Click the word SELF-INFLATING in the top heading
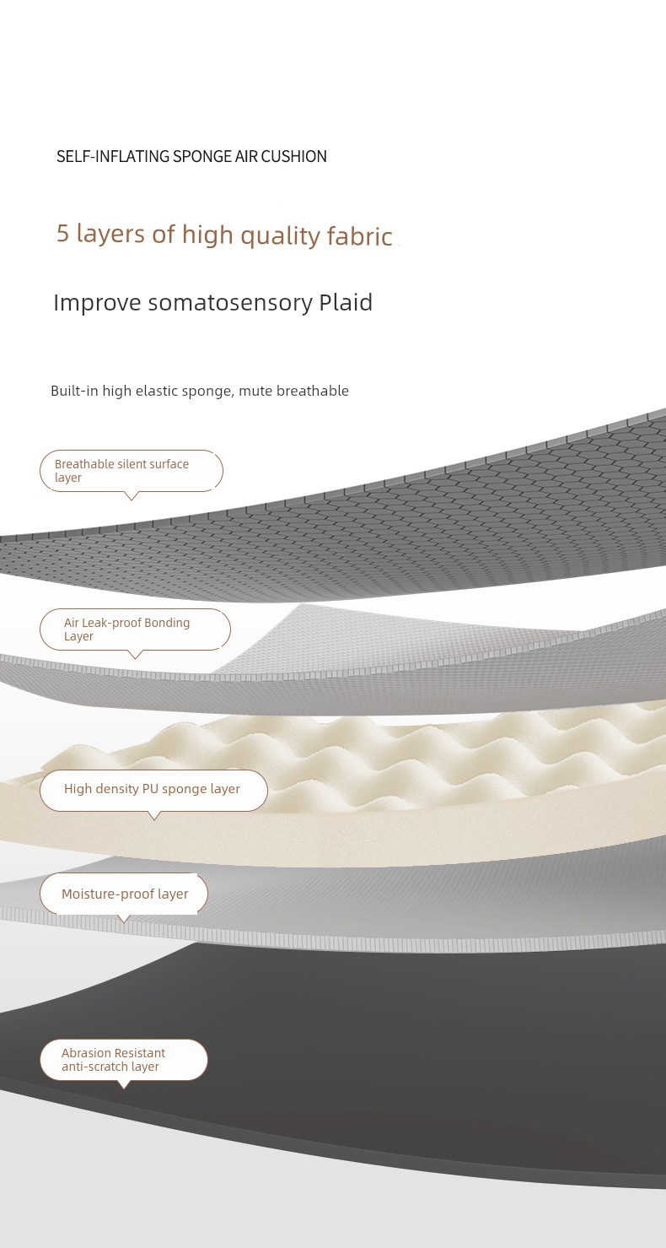pyautogui.click(x=113, y=157)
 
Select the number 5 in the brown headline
pyautogui.click(x=62, y=234)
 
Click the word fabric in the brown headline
pyautogui.click(x=360, y=235)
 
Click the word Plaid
pyautogui.click(x=346, y=302)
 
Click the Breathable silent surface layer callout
pyautogui.click(x=132, y=471)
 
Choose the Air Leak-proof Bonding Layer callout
pyautogui.click(x=135, y=629)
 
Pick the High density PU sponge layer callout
pyautogui.click(x=153, y=790)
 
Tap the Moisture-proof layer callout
pyautogui.click(x=124, y=894)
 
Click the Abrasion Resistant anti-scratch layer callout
pyautogui.click(x=124, y=1060)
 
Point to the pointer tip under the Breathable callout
pyautogui.click(x=132, y=500)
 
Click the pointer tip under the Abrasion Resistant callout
pyautogui.click(x=124, y=1089)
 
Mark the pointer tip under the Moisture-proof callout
pyautogui.click(x=124, y=922)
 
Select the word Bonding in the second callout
pyautogui.click(x=167, y=623)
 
